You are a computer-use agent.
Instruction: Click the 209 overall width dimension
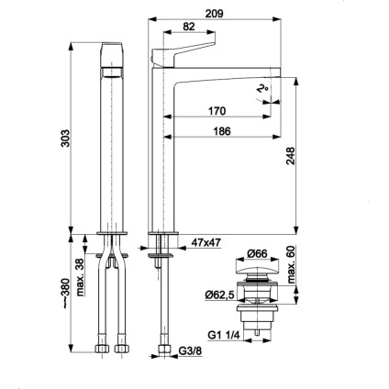coord(214,14)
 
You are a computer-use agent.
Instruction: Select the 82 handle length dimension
coord(189,27)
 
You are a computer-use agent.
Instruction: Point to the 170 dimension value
coord(217,111)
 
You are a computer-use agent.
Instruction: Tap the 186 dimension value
coord(222,131)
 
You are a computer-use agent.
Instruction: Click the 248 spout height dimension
coord(290,156)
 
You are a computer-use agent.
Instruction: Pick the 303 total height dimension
coord(65,139)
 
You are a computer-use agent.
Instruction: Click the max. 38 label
coord(80,277)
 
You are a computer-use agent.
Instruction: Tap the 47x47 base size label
coord(206,243)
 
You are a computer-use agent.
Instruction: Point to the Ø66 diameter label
coord(257,253)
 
